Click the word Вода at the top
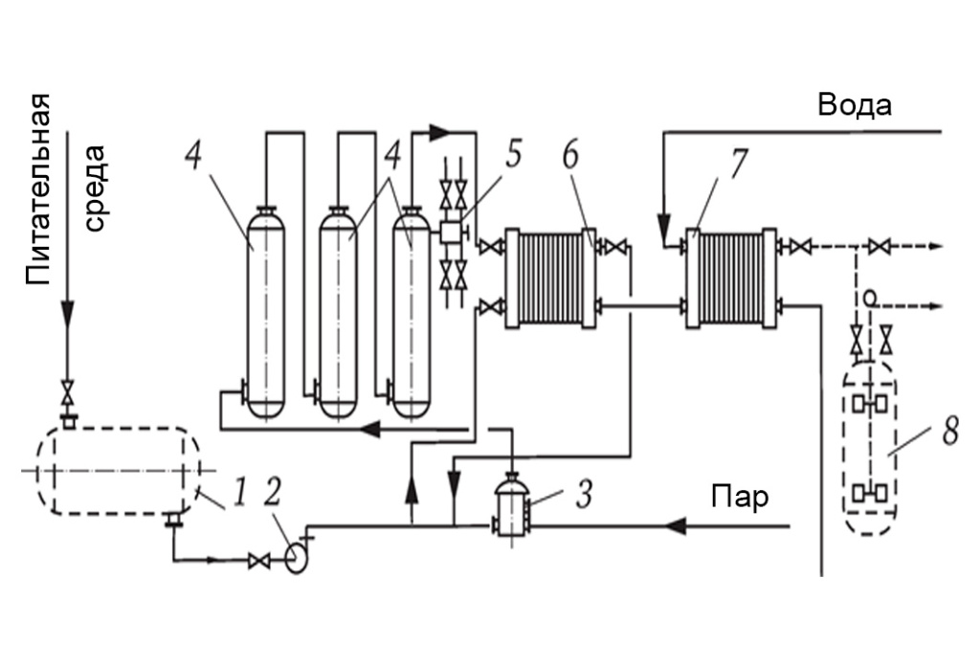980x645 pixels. [855, 105]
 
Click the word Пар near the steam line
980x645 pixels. [740, 498]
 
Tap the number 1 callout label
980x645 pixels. [241, 494]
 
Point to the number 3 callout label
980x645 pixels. [584, 495]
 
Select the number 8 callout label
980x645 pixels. [949, 431]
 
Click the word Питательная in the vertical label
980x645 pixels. [38, 191]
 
